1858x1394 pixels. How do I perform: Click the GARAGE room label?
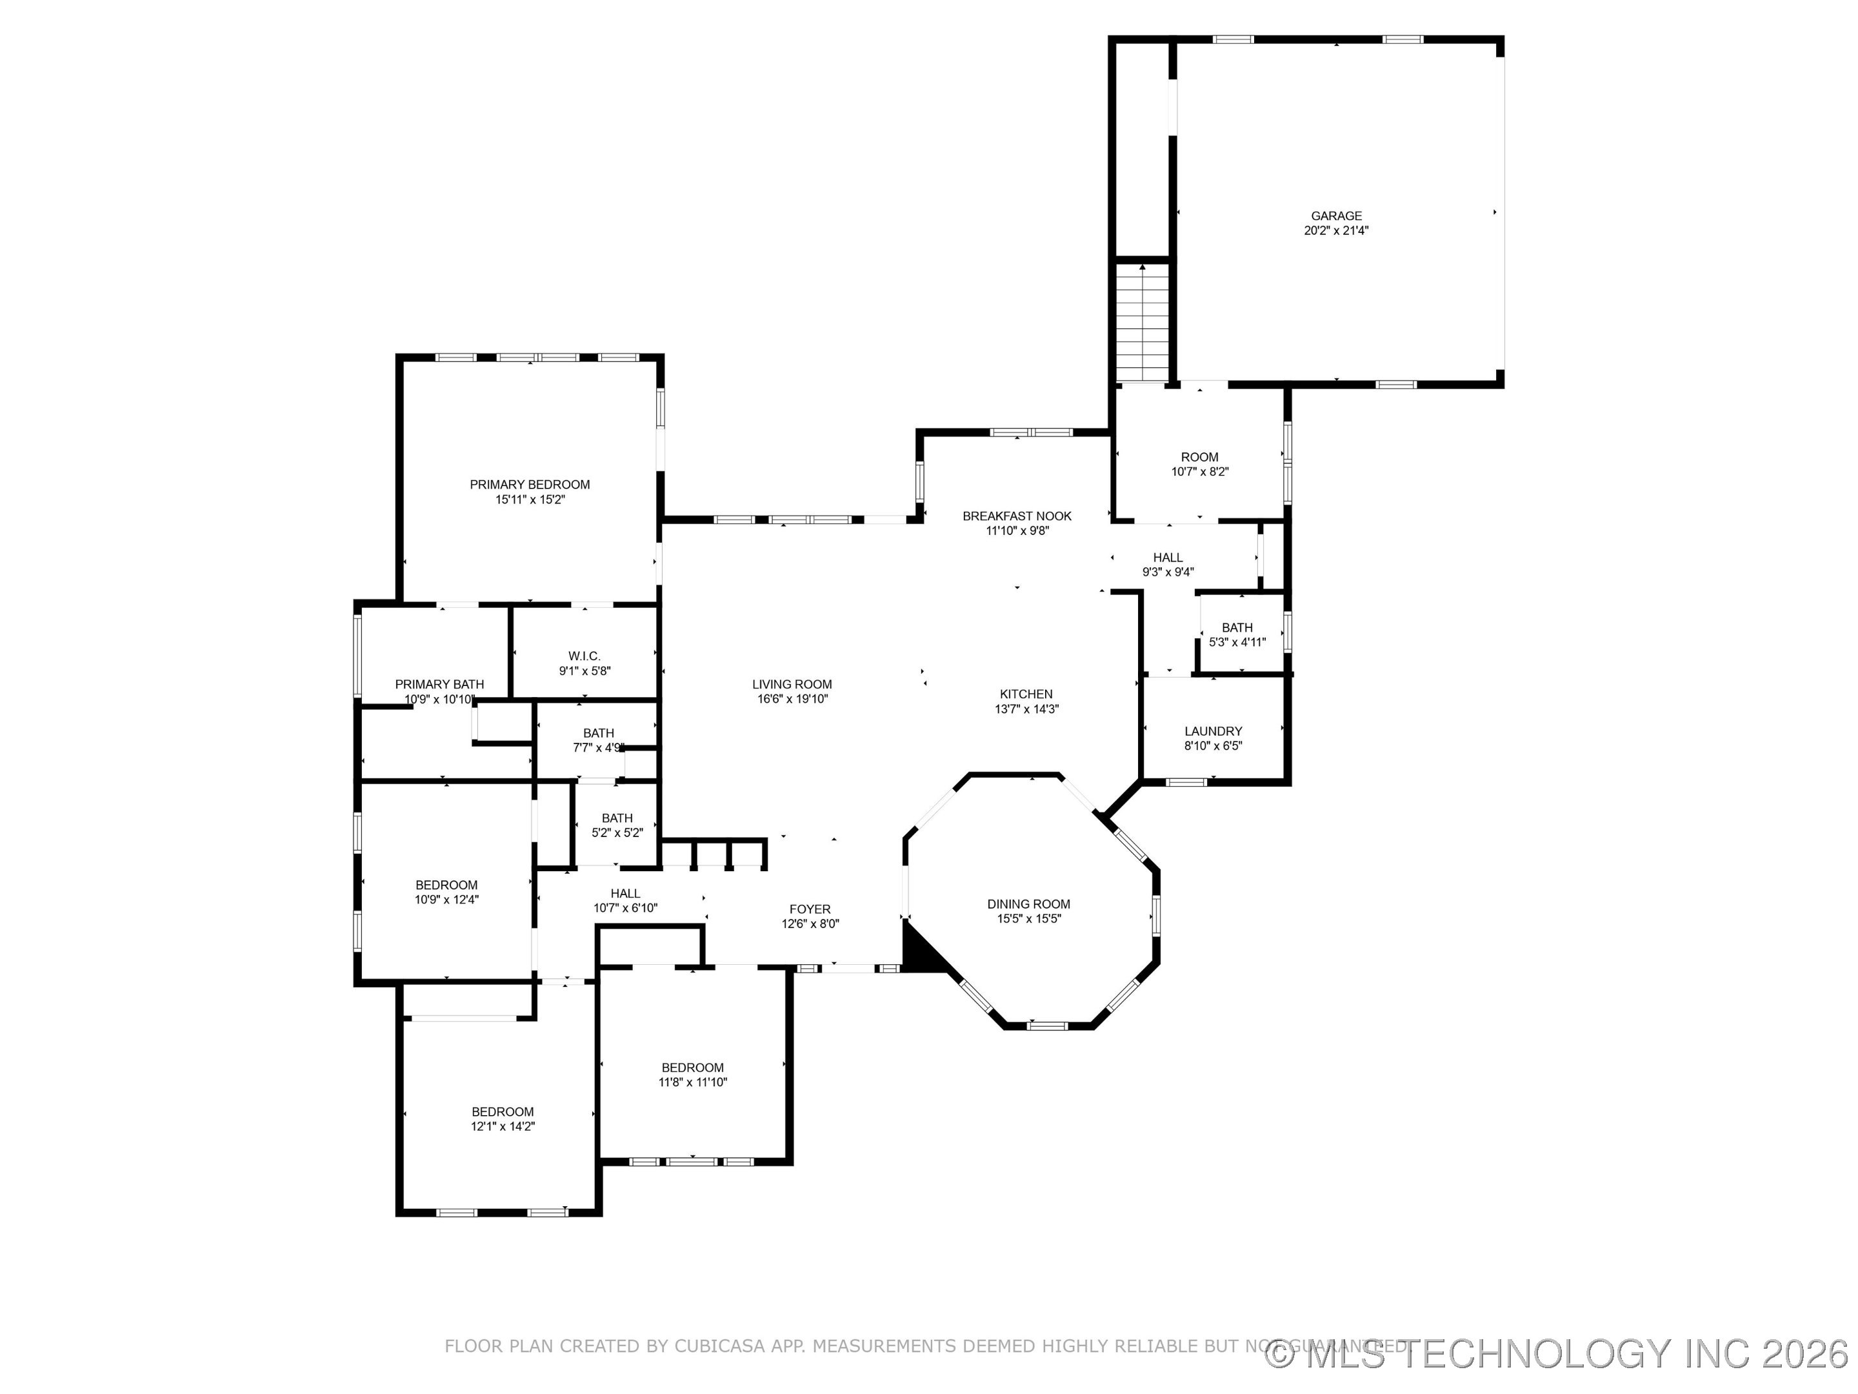[1336, 216]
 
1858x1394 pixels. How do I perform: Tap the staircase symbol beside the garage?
[1143, 323]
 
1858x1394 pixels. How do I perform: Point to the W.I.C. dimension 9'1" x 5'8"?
[584, 671]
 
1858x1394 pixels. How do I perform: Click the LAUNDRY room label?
[1213, 732]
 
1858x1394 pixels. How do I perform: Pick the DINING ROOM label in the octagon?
[1028, 904]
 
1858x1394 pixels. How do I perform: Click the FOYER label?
[810, 909]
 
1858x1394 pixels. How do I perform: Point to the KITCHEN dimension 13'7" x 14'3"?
[1026, 709]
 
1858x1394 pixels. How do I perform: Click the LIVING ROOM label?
[791, 685]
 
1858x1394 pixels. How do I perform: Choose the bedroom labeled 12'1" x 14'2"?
[503, 1112]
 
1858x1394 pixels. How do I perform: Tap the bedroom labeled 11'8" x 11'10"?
[692, 1068]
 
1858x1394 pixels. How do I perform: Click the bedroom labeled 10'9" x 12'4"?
[446, 885]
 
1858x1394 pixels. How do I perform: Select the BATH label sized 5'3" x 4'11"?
[1237, 628]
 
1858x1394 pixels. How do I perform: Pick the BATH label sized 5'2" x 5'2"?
[617, 818]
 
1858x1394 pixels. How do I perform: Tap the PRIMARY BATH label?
[439, 685]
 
